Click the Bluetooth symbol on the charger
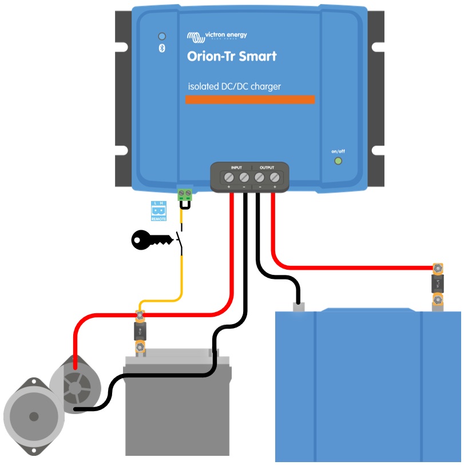click(x=162, y=48)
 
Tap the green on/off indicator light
click(x=338, y=161)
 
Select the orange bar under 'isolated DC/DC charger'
click(x=250, y=100)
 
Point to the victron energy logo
click(x=217, y=36)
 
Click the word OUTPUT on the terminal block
click(x=267, y=168)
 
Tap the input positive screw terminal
click(x=229, y=177)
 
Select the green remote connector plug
click(x=185, y=193)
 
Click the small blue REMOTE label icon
click(x=158, y=211)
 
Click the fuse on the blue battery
click(x=438, y=283)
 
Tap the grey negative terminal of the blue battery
click(x=298, y=308)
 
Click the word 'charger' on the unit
click(x=264, y=87)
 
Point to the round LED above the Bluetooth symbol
click(x=162, y=36)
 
